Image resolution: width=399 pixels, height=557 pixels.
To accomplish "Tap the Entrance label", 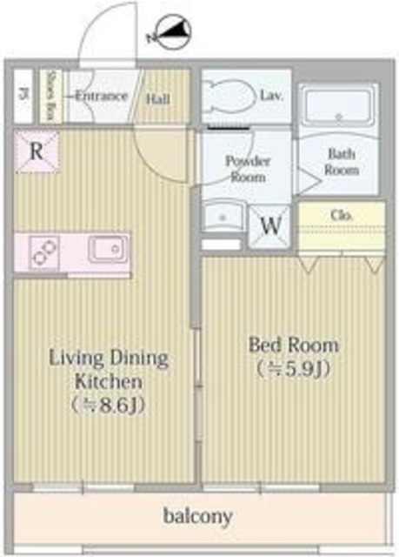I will pos(101,96).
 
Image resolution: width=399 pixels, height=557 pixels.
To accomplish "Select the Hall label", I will pos(157,98).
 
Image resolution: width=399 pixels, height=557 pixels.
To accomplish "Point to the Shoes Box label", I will pos(50,95).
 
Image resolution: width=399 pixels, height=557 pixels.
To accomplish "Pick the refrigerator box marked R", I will pos(36,151).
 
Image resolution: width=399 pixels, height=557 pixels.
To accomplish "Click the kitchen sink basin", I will pos(107,252).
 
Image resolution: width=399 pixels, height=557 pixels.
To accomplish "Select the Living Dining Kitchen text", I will pos(108,369).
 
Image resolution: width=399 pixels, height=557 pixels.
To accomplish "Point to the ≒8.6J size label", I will pos(108,406).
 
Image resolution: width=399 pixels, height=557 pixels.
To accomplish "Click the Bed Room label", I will pos(293,345).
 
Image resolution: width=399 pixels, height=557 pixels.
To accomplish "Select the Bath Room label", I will pos(342,163).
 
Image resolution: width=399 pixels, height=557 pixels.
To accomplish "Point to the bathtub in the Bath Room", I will pos(338,107).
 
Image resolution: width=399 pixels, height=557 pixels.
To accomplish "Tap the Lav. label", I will pos(271,96).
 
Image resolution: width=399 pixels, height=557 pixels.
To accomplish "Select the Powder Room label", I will pos(247,168).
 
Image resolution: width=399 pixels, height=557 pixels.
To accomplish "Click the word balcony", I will pos(198,517).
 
